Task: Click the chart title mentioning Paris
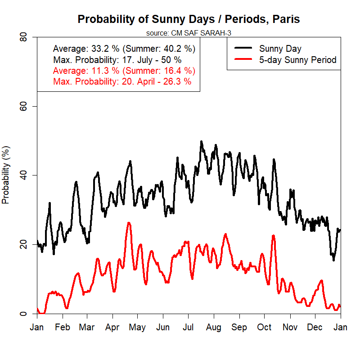pos(189,19)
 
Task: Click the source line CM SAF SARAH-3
pos(189,32)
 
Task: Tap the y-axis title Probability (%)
pos(6,175)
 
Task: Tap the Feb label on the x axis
pos(63,327)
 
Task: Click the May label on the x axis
pos(137,327)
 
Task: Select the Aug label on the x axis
pos(213,327)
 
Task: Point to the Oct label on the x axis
pos(265,327)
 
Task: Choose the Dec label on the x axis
pos(315,327)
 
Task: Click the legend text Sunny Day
pos(280,49)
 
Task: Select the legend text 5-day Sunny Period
pos(297,60)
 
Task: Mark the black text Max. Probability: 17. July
pos(117,60)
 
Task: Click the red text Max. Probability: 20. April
pos(122,81)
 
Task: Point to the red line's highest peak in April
pos(129,223)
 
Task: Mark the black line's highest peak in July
pos(201,142)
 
